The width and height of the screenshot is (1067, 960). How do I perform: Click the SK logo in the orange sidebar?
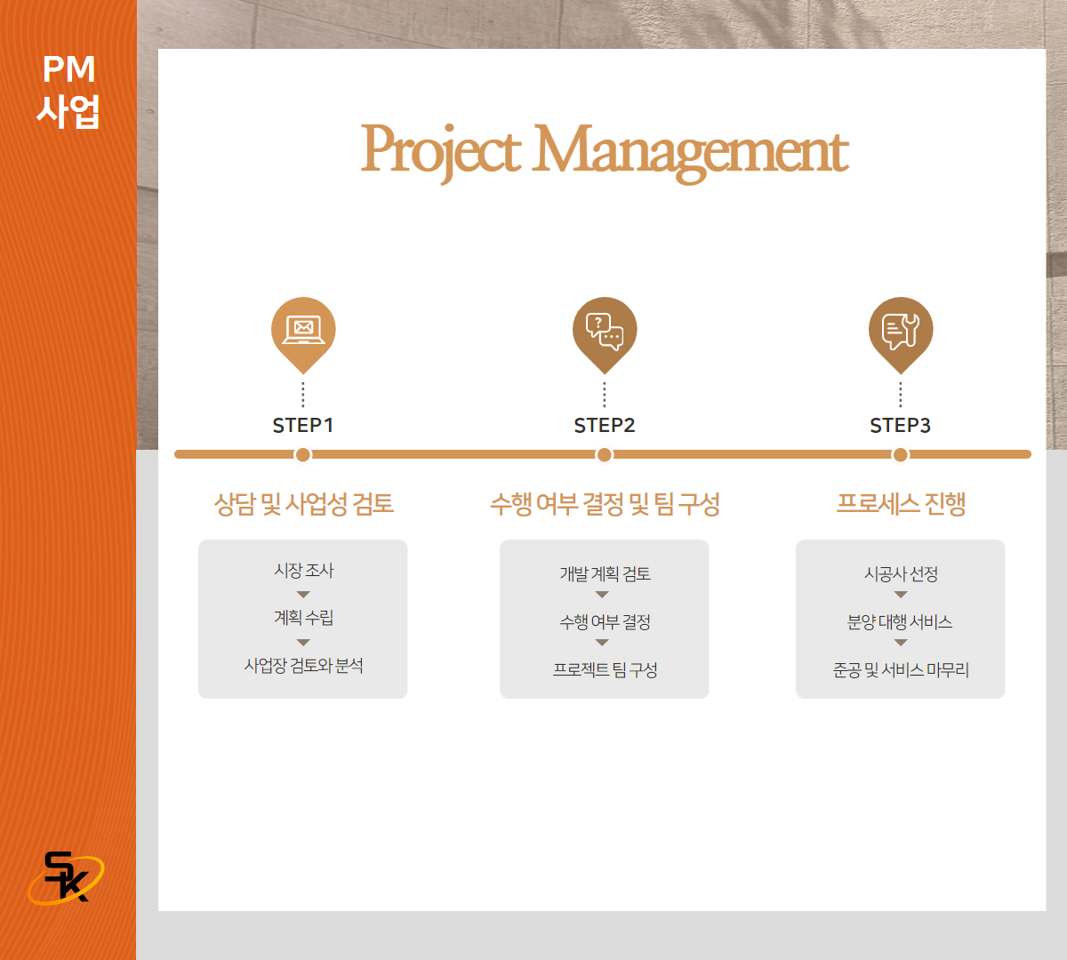click(66, 877)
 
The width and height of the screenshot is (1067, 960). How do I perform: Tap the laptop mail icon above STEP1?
click(303, 330)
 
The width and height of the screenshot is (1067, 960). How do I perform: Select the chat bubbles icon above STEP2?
click(605, 331)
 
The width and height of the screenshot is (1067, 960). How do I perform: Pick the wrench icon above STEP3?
click(900, 331)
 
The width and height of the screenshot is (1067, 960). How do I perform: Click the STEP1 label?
click(302, 426)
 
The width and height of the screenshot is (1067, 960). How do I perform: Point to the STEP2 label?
click(605, 426)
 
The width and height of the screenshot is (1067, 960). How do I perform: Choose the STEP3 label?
click(900, 426)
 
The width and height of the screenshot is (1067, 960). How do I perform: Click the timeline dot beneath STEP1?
click(303, 455)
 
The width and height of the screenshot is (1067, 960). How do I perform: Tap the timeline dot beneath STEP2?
click(605, 455)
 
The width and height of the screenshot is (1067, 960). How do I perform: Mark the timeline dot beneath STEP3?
click(900, 455)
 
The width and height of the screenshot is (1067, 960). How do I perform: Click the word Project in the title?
click(441, 152)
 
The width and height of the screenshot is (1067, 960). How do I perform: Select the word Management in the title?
click(690, 153)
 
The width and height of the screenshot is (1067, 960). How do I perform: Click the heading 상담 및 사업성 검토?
click(304, 504)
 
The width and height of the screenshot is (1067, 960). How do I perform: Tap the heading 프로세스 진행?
click(901, 504)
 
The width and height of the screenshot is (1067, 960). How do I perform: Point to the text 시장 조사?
click(304, 571)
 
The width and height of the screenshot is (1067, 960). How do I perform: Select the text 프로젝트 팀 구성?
click(605, 669)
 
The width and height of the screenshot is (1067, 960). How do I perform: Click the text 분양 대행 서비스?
click(900, 621)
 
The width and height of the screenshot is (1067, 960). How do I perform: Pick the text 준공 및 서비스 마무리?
click(901, 669)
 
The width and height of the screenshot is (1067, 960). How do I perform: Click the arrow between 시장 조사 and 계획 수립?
click(303, 595)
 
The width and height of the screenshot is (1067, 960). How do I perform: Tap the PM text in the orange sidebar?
click(68, 69)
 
